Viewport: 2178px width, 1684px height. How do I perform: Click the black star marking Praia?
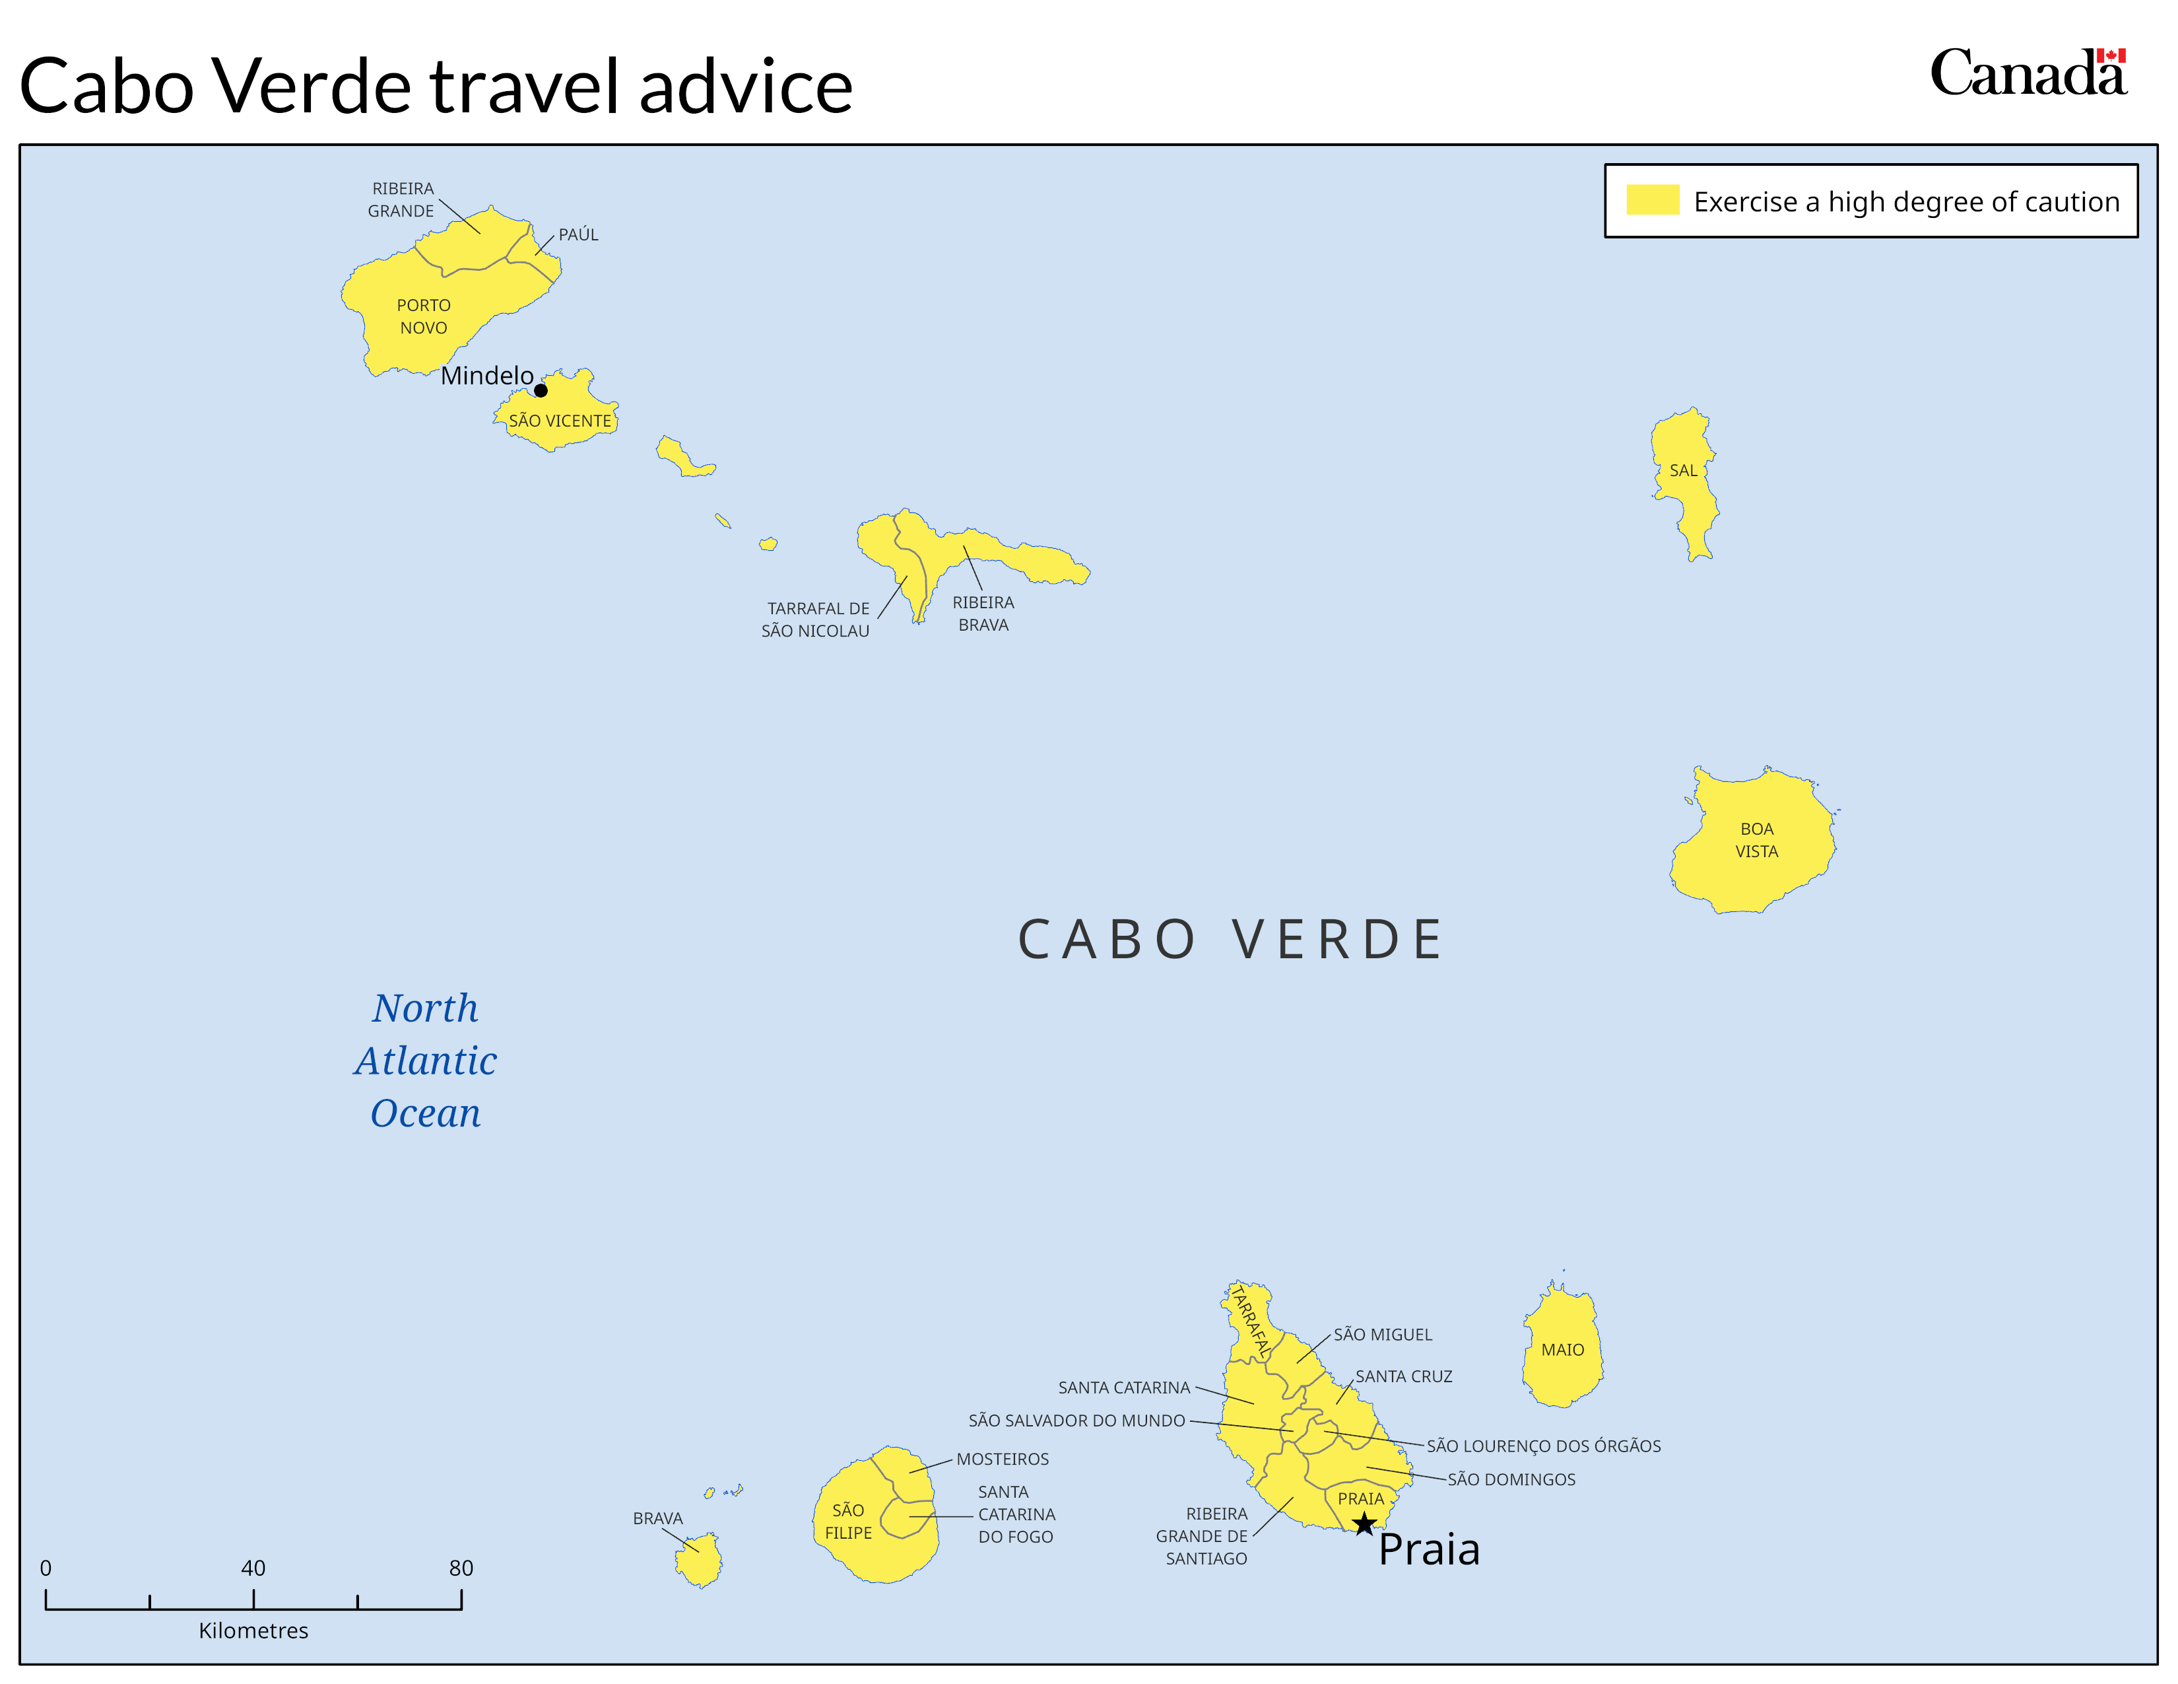click(x=1364, y=1524)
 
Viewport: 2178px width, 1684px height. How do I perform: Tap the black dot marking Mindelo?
click(x=541, y=390)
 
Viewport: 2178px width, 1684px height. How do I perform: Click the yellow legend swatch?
click(x=1653, y=201)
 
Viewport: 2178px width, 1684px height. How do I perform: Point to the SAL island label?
click(x=1684, y=471)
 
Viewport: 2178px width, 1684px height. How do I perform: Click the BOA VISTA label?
click(x=1756, y=840)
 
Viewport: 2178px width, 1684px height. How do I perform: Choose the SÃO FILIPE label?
click(x=847, y=1522)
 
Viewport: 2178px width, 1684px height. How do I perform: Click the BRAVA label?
click(x=657, y=1518)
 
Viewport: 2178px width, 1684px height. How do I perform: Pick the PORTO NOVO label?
click(x=424, y=316)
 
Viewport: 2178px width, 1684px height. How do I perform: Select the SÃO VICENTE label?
click(x=560, y=421)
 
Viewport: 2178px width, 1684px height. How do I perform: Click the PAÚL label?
click(x=578, y=234)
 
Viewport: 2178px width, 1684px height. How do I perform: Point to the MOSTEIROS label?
click(x=1003, y=1459)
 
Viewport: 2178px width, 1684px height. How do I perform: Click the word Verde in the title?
click(x=312, y=86)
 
